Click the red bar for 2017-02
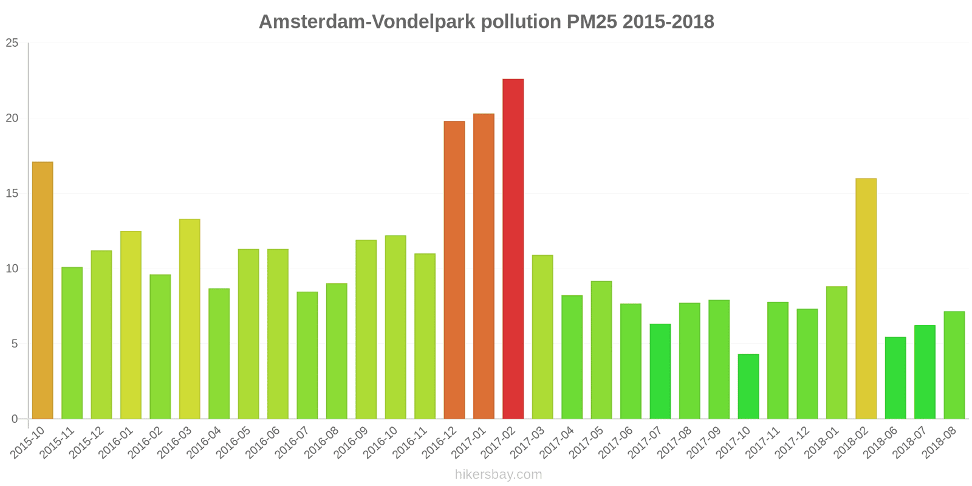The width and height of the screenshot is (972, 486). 513,249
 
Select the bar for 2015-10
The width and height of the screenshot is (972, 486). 43,290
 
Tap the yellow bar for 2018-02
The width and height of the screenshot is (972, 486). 866,299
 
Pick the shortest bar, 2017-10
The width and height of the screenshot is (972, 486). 748,386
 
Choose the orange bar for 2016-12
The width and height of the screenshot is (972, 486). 454,270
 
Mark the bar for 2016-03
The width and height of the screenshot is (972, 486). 190,319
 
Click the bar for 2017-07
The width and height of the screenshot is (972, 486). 660,371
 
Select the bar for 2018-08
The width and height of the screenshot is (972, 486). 954,365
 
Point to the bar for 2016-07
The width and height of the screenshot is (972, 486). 307,355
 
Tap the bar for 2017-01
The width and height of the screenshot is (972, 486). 484,266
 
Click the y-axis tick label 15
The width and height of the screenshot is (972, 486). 12,194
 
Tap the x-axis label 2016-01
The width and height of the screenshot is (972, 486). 116,443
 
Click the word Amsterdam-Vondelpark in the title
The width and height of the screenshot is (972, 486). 367,22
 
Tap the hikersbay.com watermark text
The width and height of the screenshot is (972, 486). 498,474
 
